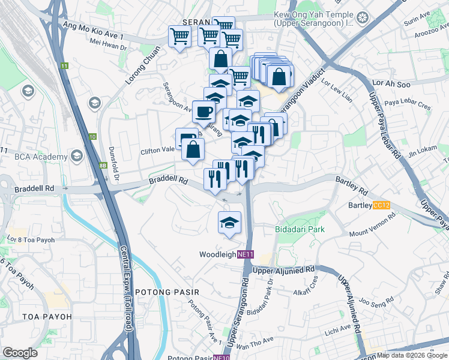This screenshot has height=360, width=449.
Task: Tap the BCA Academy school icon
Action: click(76, 157)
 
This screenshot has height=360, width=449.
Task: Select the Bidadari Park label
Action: click(300, 229)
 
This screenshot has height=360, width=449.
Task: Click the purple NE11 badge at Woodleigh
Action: click(246, 254)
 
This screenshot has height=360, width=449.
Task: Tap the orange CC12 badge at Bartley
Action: click(381, 205)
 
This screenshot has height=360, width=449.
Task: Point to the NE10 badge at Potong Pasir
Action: click(221, 358)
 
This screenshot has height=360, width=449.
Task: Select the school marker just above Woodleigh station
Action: click(229, 223)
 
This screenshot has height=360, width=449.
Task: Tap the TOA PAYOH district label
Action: click(46, 316)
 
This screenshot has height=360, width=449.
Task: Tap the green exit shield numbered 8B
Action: click(103, 165)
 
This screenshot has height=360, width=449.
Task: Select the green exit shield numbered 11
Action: click(64, 65)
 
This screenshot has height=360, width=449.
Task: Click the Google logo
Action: click(20, 353)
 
